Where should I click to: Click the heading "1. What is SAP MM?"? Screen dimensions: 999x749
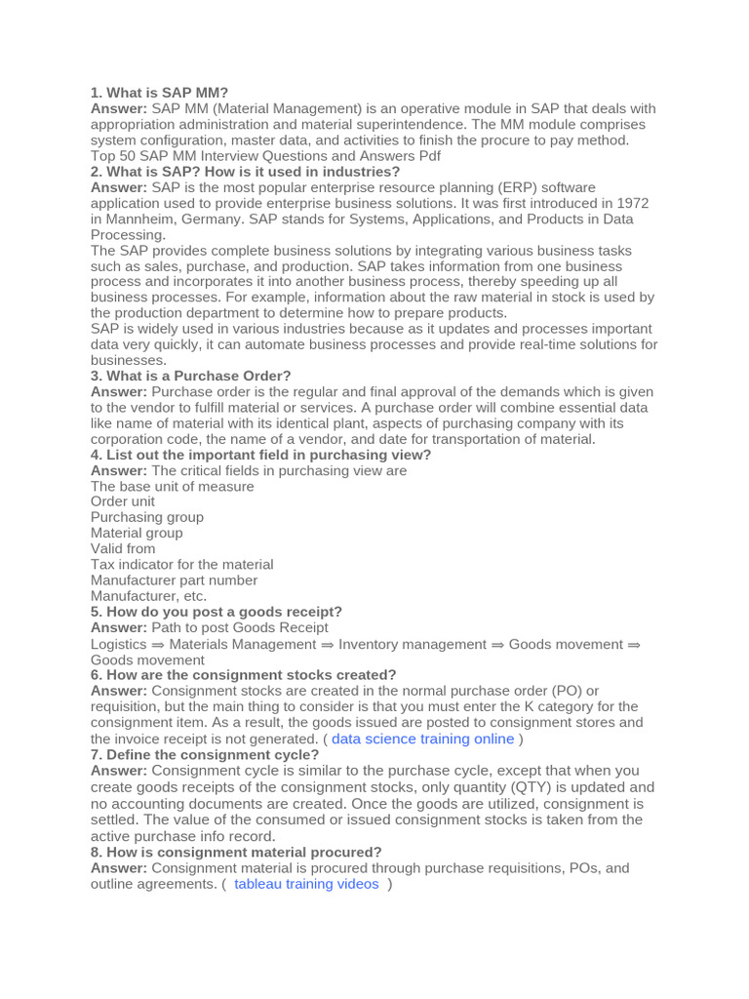pos(159,93)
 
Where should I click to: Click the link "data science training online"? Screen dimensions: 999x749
pos(422,739)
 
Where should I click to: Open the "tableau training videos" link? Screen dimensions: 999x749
pos(306,884)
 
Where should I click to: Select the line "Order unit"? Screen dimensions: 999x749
pos(123,501)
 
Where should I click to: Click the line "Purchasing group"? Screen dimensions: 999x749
pos(147,517)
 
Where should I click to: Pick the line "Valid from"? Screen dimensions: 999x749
pos(123,548)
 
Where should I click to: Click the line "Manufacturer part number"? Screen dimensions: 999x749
pos(174,579)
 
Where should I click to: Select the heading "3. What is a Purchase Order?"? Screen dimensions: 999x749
pos(191,376)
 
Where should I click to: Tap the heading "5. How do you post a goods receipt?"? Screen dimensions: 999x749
pos(217,612)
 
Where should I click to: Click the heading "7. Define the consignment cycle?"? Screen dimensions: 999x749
pos(205,754)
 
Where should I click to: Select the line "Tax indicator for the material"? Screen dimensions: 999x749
pos(182,564)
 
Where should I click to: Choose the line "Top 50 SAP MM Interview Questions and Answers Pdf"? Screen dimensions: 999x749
pos(265,156)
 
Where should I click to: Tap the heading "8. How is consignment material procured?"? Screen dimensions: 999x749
pos(236,852)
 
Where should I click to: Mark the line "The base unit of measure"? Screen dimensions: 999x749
pos(173,486)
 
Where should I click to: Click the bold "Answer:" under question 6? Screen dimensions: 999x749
pos(119,691)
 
